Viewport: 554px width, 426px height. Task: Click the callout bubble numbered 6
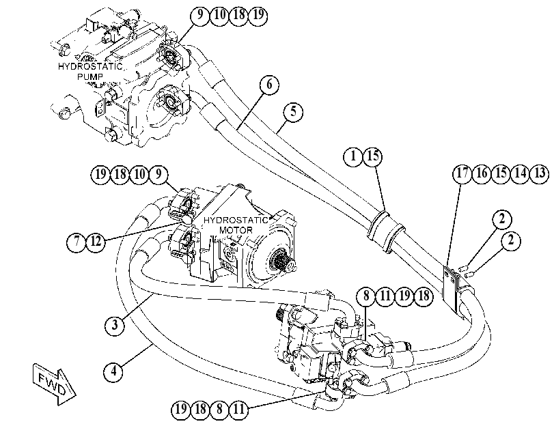[x=269, y=85]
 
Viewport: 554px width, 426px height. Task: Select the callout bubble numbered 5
[x=293, y=112]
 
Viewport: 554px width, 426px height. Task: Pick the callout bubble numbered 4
[x=113, y=371]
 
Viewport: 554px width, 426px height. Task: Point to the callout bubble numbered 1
[x=353, y=156]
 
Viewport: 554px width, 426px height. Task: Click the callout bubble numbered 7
[x=77, y=242]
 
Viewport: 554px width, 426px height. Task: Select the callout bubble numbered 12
[x=96, y=242]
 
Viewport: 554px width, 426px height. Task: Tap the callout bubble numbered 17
[x=462, y=173]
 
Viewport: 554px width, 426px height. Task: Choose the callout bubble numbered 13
[x=540, y=173]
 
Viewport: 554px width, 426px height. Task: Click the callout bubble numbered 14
[x=521, y=173]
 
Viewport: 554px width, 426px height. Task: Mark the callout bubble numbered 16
[x=482, y=173]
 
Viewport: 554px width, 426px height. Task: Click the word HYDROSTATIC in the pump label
[x=90, y=66]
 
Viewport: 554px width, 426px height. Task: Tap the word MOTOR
[x=236, y=230]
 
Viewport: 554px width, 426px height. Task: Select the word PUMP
[x=89, y=76]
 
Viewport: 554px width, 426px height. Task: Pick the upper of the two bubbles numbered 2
[x=501, y=219]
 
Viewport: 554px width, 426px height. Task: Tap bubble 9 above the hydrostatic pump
[x=200, y=15]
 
